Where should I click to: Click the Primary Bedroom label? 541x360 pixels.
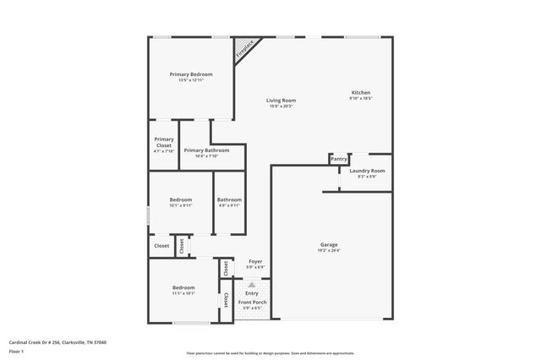tap(190, 74)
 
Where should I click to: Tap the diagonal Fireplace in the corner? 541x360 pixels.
tap(245, 48)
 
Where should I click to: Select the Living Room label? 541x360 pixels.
tap(281, 100)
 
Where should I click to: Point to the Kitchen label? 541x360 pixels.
tap(361, 92)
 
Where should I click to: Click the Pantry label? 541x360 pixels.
tap(339, 159)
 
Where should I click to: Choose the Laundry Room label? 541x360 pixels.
tap(367, 171)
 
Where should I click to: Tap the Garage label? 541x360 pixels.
tap(329, 244)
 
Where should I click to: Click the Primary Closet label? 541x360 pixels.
tap(164, 142)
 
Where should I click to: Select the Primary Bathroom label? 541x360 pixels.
tap(206, 150)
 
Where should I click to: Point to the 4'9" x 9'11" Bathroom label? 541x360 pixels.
tap(229, 199)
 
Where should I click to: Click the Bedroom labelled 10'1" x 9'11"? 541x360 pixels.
tap(181, 199)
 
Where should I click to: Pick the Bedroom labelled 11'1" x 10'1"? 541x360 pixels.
tap(183, 287)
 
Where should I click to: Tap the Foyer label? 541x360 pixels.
tap(254, 262)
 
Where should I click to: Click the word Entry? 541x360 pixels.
tap(252, 292)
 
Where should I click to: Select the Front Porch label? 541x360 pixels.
tap(252, 302)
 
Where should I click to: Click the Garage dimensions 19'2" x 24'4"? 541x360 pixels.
tap(329, 250)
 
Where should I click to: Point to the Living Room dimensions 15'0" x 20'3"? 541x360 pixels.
tap(281, 106)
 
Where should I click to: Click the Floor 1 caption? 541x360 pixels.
tap(16, 351)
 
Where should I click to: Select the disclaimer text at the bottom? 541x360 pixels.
tap(270, 353)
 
